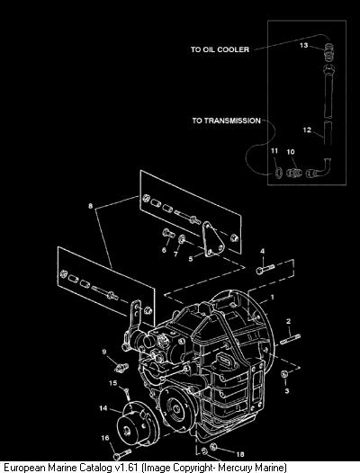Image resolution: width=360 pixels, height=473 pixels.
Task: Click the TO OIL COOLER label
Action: pyautogui.click(x=220, y=49)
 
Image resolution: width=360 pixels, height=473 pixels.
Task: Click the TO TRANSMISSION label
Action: pyautogui.click(x=227, y=120)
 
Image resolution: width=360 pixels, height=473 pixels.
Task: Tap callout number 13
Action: pyautogui.click(x=303, y=45)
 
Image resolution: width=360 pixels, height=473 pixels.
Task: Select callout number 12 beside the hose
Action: pyautogui.click(x=307, y=130)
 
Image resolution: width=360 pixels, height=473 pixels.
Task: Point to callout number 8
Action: pyautogui.click(x=91, y=206)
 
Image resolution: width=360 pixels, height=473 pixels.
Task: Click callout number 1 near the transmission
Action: pyautogui.click(x=272, y=298)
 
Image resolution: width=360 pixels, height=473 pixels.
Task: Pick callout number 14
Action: pyautogui.click(x=103, y=408)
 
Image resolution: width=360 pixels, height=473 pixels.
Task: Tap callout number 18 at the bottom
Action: pyautogui.click(x=240, y=454)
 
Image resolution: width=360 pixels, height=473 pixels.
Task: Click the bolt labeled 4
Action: pyautogui.click(x=265, y=269)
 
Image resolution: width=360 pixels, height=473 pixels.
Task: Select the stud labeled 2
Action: pyautogui.click(x=290, y=338)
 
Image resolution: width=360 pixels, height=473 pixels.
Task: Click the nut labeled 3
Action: pyautogui.click(x=284, y=374)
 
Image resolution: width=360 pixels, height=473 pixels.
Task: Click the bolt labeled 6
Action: pyautogui.click(x=168, y=233)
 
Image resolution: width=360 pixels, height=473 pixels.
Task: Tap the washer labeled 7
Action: pyautogui.click(x=182, y=239)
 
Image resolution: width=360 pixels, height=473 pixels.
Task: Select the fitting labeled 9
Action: pyautogui.click(x=121, y=368)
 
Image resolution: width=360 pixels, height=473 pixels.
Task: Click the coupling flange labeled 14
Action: pyautogui.click(x=138, y=424)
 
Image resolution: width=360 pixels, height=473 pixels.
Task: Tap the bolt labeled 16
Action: pyautogui.click(x=122, y=454)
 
